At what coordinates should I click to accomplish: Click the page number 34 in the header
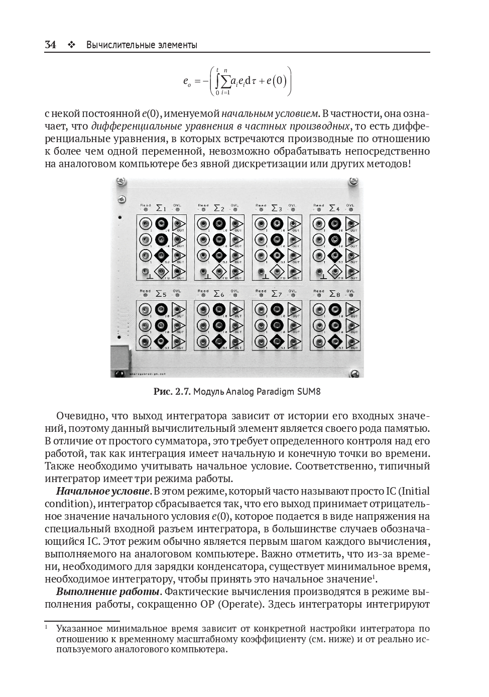pos(50,45)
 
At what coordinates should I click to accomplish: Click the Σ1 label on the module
pos(161,207)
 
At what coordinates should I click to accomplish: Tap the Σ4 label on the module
pos(334,207)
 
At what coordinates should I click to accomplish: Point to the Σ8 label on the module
pos(334,293)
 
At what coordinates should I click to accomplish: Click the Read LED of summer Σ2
pos(203,209)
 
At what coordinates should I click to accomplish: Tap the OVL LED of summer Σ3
pos(293,209)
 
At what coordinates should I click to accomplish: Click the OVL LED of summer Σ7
pos(293,295)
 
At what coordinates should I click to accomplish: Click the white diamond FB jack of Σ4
pos(335,272)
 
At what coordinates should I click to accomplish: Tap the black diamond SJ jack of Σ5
pos(161,341)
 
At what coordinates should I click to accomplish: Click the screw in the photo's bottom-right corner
pos(354,373)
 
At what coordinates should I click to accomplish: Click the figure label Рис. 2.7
pos(172,391)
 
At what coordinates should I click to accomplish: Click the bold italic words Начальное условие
pos(102,491)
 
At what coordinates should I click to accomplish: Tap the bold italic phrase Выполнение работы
pos(108,592)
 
